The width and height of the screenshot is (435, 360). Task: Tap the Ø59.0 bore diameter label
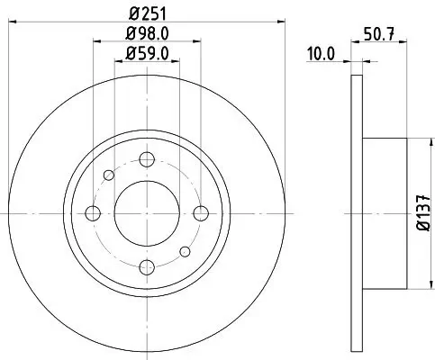(x=146, y=53)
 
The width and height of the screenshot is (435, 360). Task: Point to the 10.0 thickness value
(x=321, y=53)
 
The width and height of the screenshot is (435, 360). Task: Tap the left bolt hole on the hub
(x=92, y=213)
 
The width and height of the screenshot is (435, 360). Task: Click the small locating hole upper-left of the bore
(x=108, y=175)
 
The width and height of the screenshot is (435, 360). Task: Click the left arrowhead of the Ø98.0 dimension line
(x=95, y=42)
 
